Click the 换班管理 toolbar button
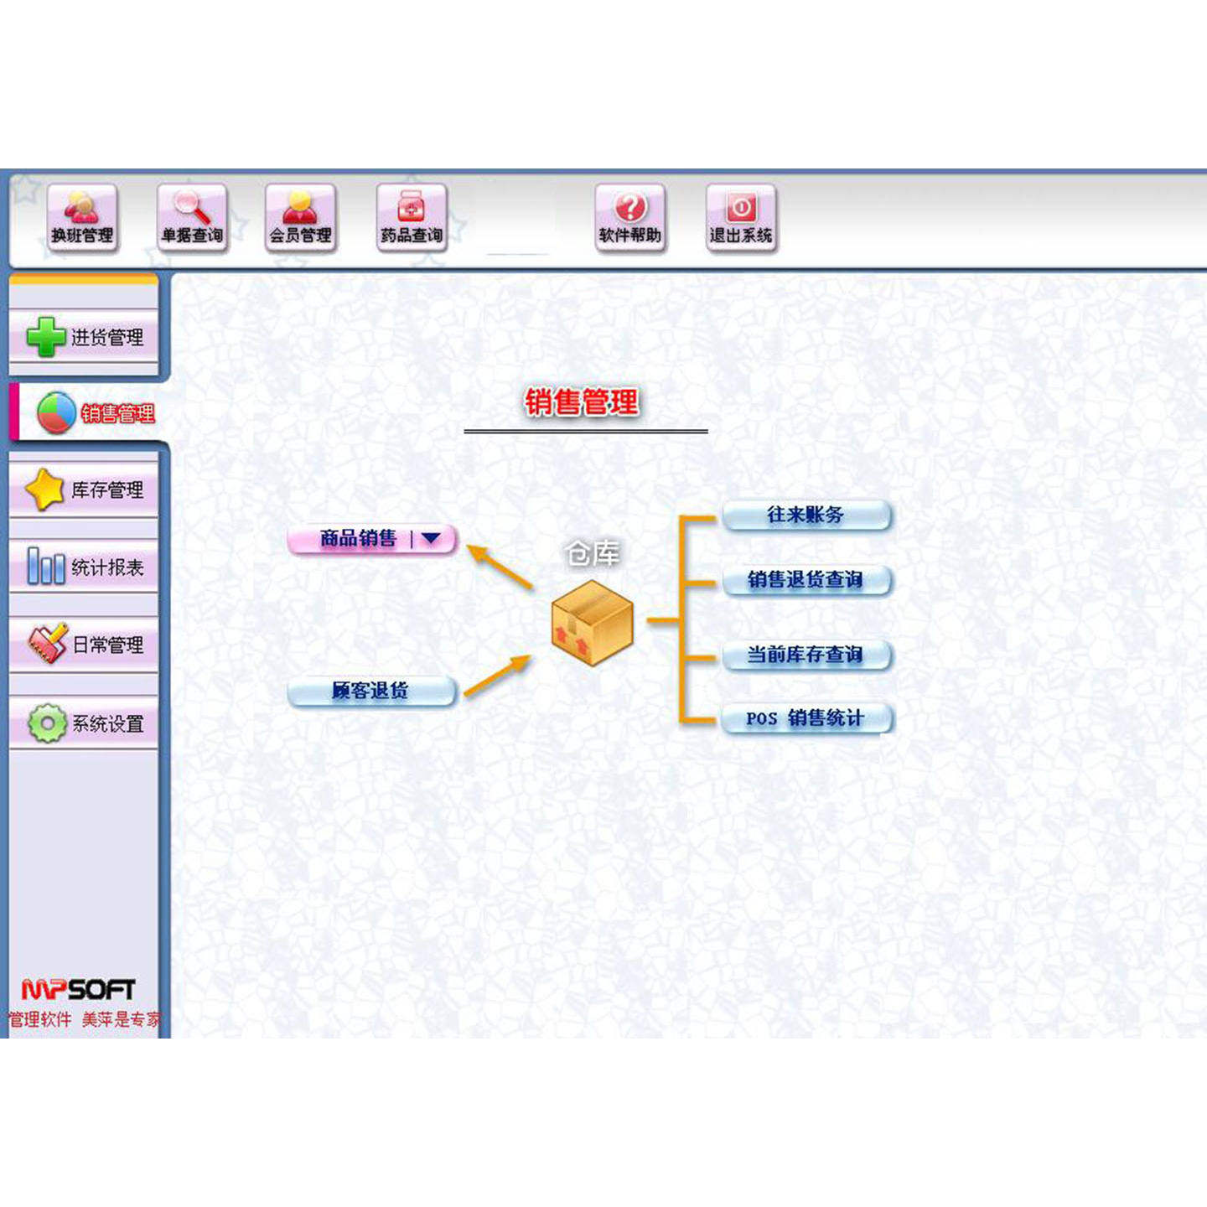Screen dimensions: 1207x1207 click(81, 218)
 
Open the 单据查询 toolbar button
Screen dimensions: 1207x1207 click(192, 218)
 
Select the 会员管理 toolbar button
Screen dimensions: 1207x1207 click(300, 218)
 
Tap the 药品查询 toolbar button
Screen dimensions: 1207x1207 click(411, 218)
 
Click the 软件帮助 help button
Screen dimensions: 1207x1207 click(630, 218)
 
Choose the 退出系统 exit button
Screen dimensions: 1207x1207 click(741, 218)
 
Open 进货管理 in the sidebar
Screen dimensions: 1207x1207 click(84, 337)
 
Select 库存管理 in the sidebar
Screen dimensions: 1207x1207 click(84, 490)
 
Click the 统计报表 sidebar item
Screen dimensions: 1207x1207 click(84, 567)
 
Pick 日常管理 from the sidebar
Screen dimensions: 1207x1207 click(84, 644)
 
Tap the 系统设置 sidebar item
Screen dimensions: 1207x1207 click(84, 723)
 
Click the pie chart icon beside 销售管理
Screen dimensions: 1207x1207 click(56, 412)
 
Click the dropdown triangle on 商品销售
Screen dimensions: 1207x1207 click(431, 538)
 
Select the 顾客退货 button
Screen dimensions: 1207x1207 click(371, 691)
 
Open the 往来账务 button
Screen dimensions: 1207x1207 click(806, 515)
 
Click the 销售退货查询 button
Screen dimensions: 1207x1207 click(806, 579)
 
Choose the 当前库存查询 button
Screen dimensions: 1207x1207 click(806, 654)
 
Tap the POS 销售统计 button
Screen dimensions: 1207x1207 click(806, 718)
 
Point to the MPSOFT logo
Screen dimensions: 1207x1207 click(78, 990)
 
